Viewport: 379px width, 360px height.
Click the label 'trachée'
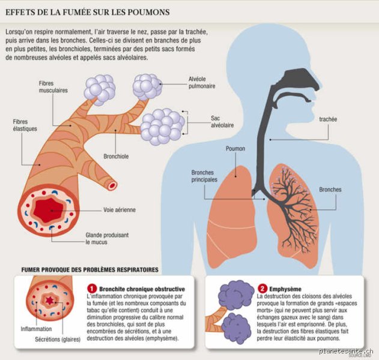328,119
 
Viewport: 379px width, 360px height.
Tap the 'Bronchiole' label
116,156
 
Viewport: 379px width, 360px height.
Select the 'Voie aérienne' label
120,210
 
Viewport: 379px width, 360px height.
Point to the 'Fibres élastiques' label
25,125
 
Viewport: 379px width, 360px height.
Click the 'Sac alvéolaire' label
222,122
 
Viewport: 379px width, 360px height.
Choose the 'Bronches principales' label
204,176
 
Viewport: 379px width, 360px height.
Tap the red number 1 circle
92,289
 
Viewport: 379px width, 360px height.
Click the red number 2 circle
262,289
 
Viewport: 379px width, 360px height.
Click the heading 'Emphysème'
285,289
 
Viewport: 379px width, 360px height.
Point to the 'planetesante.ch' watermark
346,352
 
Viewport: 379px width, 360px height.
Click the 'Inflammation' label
36,329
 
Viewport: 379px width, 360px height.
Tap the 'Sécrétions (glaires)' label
58,339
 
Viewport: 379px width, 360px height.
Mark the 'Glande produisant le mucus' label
107,239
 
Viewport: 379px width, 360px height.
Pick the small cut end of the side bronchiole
112,185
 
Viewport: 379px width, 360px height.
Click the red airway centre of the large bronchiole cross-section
49,211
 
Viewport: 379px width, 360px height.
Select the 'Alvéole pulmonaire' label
202,83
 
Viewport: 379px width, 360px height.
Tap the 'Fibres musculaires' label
53,87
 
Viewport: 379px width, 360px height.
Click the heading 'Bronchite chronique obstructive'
142,289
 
